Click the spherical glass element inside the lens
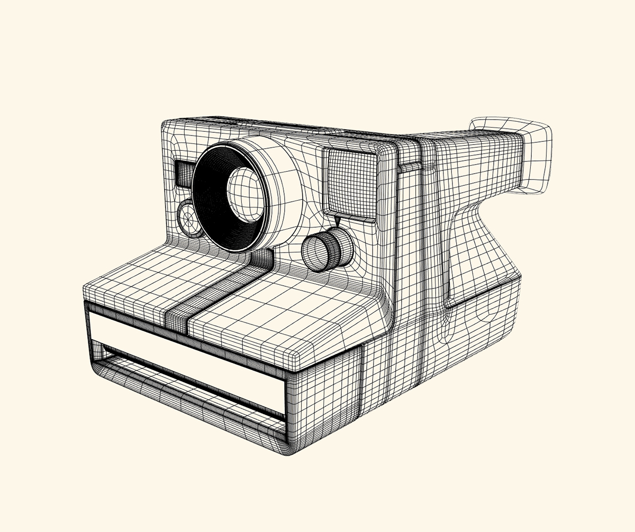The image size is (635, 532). (x=245, y=194)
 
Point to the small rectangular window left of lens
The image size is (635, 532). (x=185, y=174)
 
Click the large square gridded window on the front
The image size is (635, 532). (x=352, y=183)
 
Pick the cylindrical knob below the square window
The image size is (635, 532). (x=328, y=249)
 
